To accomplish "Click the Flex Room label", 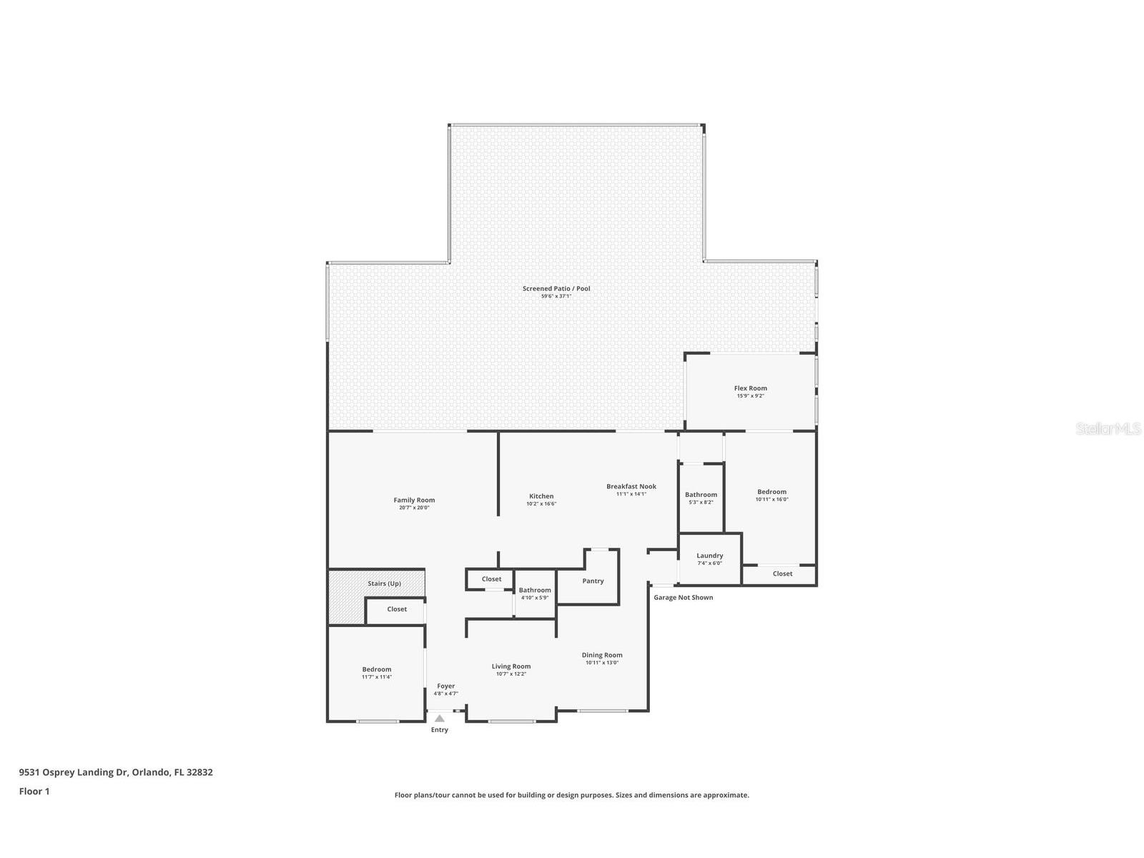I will point(750,388).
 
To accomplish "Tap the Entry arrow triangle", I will point(440,719).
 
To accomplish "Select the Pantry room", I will point(593,581).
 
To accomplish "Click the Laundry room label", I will point(709,556).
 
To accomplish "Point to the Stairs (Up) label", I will point(384,583).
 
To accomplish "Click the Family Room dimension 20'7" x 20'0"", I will point(414,508).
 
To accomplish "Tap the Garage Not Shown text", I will point(683,597).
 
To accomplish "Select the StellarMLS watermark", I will point(1108,429).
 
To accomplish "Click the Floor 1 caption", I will point(34,791).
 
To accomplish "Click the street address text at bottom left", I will point(116,772).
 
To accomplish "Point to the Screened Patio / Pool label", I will point(556,289).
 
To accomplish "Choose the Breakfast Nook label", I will point(631,486).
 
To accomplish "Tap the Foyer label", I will point(445,686).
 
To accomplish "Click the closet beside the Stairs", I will point(397,609).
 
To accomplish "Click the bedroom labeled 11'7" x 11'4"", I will point(376,673).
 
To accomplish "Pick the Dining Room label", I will point(602,655).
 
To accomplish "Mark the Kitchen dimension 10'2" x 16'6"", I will point(541,503).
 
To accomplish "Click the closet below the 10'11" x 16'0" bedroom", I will point(782,573).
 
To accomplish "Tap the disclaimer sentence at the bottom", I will point(571,794).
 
